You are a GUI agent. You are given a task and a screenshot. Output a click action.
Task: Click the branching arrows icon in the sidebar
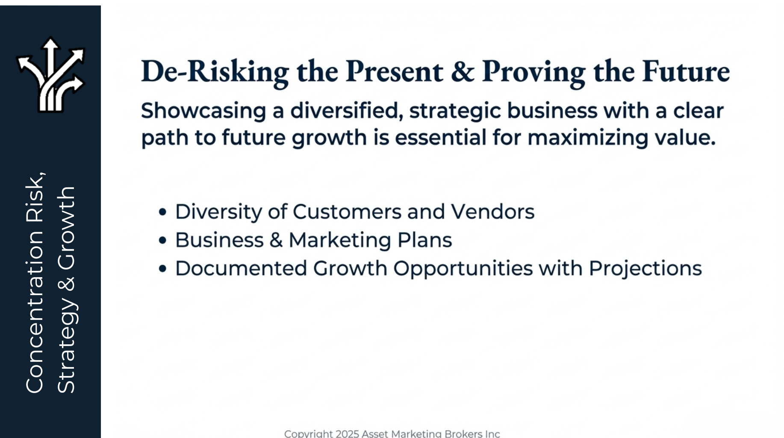click(51, 75)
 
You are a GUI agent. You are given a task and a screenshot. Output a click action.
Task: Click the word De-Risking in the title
click(215, 72)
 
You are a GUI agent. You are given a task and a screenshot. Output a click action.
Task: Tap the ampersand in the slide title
click(463, 71)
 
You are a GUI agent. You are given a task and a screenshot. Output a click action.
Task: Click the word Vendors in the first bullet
click(492, 212)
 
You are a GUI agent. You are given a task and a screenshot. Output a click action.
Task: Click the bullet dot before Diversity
click(162, 212)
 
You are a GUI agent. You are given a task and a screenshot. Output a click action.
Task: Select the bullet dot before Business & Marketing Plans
click(162, 240)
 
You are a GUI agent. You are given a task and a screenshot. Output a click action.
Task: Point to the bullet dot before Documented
click(162, 269)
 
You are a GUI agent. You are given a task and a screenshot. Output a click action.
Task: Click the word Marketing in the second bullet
click(340, 240)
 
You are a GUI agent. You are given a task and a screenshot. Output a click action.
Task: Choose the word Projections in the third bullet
click(645, 269)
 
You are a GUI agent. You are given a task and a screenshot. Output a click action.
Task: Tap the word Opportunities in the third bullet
click(463, 269)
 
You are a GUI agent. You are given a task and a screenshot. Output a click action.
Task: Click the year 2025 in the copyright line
click(347, 434)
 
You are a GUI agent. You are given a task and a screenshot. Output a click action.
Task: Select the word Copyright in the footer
click(309, 434)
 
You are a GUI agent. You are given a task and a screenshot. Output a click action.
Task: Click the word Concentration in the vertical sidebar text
click(35, 313)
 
